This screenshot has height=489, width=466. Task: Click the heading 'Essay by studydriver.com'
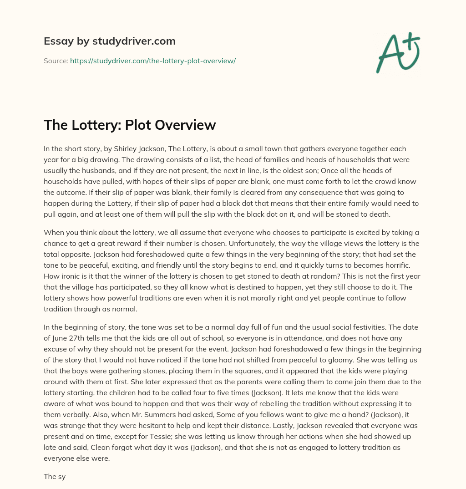point(110,41)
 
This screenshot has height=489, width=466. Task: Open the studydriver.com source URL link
point(152,61)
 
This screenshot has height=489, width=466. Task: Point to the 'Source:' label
point(56,61)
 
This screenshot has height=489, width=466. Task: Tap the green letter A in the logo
point(390,53)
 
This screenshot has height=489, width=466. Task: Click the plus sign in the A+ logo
point(410,41)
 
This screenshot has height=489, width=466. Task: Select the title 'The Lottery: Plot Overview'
point(130,125)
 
